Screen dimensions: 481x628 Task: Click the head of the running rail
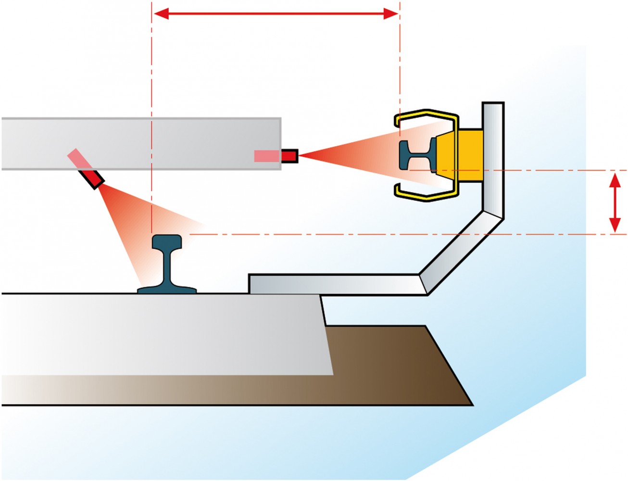pyautogui.click(x=167, y=241)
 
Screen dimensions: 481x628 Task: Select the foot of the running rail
pyautogui.click(x=167, y=289)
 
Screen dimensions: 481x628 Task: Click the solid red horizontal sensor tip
pyautogui.click(x=289, y=155)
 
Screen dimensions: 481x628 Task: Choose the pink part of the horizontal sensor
pyautogui.click(x=267, y=155)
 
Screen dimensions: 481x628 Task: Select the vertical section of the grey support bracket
pyautogui.click(x=493, y=159)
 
